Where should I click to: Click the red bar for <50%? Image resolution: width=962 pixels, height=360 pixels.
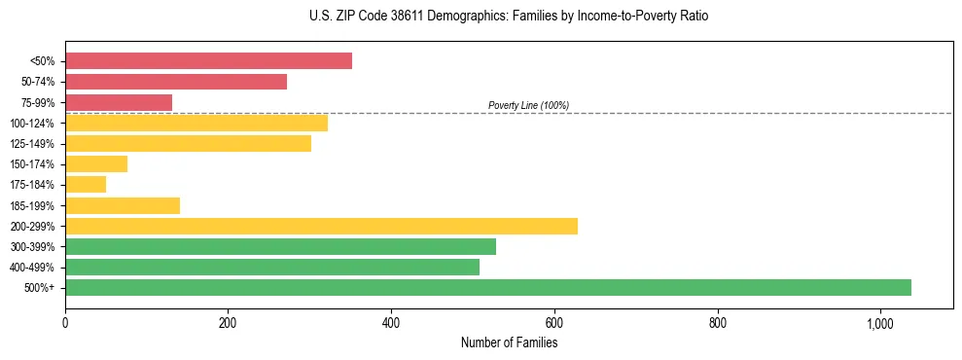208,61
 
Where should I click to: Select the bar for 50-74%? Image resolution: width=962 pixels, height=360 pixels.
176,82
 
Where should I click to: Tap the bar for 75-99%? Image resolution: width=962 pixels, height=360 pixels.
119,102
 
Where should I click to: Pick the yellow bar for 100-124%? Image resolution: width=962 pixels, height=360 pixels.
196,123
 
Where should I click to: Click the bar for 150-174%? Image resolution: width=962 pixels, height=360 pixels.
96,163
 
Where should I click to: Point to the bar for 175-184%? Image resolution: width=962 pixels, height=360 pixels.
86,184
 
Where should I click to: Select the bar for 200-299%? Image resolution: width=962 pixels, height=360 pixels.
321,226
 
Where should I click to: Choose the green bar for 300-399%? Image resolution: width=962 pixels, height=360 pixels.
280,246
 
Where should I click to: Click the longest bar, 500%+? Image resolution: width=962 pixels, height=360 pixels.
488,287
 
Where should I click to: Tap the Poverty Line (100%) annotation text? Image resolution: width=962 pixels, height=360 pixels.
528,105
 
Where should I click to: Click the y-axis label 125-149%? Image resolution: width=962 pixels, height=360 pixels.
32,144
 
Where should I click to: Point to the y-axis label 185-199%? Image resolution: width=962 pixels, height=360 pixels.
32,205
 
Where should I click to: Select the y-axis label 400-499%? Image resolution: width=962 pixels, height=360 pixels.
32,268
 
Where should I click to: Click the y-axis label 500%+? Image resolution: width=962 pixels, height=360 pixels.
39,288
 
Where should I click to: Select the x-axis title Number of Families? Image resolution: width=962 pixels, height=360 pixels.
509,342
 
